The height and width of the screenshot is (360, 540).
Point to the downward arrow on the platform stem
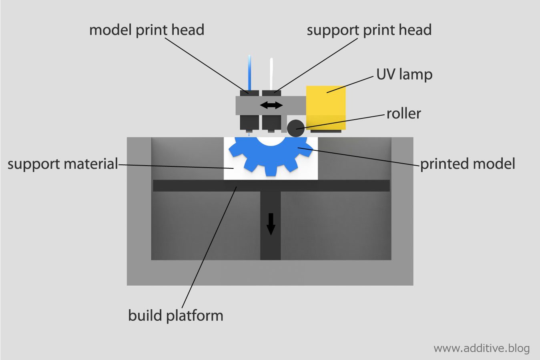(271, 224)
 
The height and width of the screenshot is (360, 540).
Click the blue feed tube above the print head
(249, 72)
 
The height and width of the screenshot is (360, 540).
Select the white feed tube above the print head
(271, 74)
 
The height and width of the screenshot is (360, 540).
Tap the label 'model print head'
(147, 30)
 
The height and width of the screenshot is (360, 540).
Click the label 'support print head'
(369, 30)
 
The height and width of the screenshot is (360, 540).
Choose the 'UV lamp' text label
(404, 74)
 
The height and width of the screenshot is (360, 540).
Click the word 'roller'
(403, 114)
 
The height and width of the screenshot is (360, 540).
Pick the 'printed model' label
(467, 164)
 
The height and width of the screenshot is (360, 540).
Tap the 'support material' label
(63, 164)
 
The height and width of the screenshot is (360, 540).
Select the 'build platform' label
(175, 315)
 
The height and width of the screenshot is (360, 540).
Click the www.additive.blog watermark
(481, 348)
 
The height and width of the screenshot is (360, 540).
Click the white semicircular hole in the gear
(271, 141)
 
